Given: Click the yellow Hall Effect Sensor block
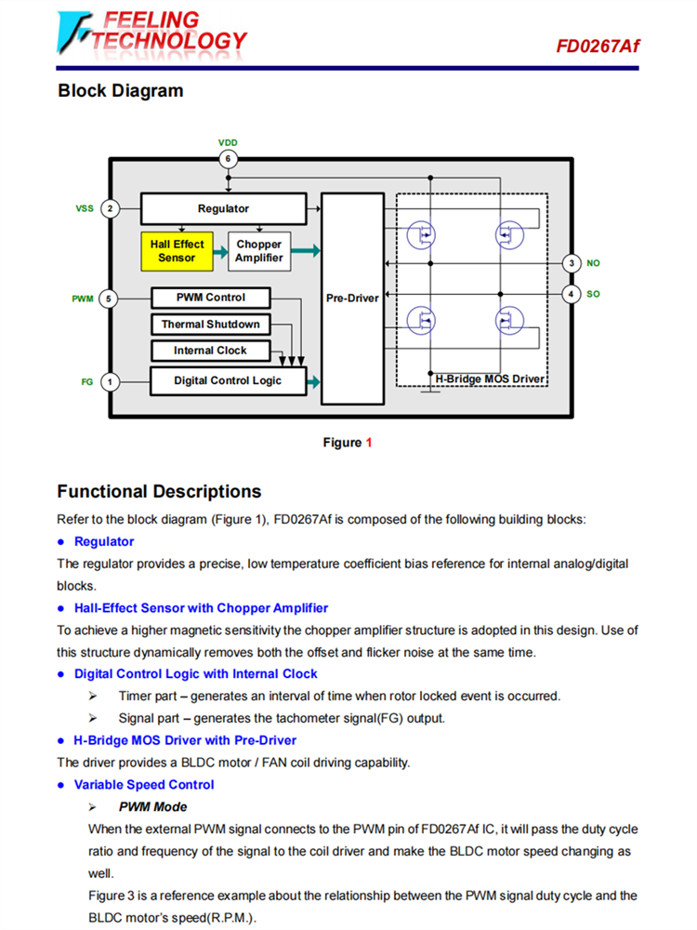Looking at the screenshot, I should coord(177,251).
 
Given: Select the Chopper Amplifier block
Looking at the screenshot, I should coord(258,251).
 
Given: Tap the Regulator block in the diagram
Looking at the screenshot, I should coord(223,209).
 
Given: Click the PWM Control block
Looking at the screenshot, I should coord(211,298).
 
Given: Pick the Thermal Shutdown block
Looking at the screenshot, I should coord(211,325).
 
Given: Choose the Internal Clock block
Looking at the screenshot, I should coord(211,351).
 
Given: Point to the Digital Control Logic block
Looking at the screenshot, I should coord(228,380).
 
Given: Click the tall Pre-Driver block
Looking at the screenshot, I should coord(352,299).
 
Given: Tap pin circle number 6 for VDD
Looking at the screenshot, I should coord(228,158).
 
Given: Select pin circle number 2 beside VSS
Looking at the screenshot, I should coord(110,208).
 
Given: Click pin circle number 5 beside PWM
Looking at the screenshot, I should coord(110,299).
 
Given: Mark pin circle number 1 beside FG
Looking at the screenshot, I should coord(110,380).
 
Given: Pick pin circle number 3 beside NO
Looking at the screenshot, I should coord(572,263).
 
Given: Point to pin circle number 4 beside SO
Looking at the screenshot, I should coord(572,294).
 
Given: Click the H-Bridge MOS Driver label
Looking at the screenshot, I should coord(490,379).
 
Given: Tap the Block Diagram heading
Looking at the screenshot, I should coord(121,91).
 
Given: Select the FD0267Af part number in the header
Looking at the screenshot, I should coord(598,46).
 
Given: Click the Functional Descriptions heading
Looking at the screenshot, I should coord(159,491).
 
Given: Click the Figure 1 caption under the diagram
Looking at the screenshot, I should coord(348,443).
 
